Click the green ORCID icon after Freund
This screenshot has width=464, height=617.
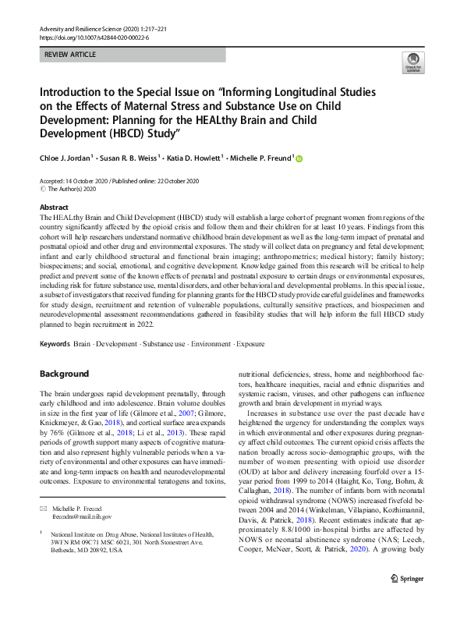pyautogui.click(x=299, y=159)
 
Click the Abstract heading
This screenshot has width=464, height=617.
pyautogui.click(x=54, y=208)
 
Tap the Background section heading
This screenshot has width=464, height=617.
pyautogui.click(x=65, y=374)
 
